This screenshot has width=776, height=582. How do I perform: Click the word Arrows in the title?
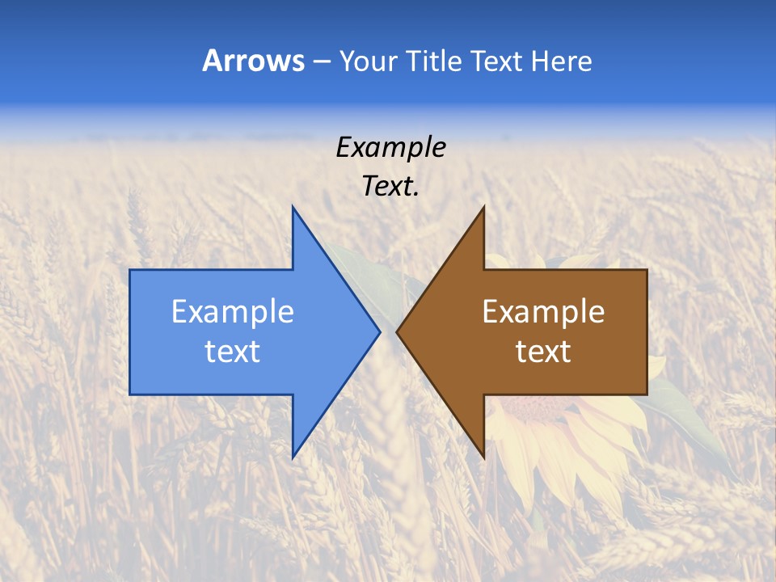(x=253, y=61)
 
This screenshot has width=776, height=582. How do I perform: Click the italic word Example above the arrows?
(x=390, y=148)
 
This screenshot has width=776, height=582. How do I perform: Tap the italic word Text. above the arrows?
(x=390, y=187)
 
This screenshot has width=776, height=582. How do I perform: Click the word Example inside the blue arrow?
(x=233, y=312)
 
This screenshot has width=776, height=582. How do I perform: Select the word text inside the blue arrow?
(x=233, y=352)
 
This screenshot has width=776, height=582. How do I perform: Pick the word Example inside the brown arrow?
(x=543, y=312)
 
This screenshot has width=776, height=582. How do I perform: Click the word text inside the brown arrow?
(x=543, y=352)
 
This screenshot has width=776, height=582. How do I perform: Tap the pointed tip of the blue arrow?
(x=379, y=331)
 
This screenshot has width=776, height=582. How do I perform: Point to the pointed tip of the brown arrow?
(x=397, y=331)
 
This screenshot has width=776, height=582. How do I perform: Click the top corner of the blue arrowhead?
(x=293, y=208)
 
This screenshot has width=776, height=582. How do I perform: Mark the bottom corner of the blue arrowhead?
(x=293, y=457)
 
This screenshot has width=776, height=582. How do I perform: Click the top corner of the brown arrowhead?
(x=483, y=208)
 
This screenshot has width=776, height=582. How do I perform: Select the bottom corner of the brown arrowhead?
(x=483, y=458)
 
